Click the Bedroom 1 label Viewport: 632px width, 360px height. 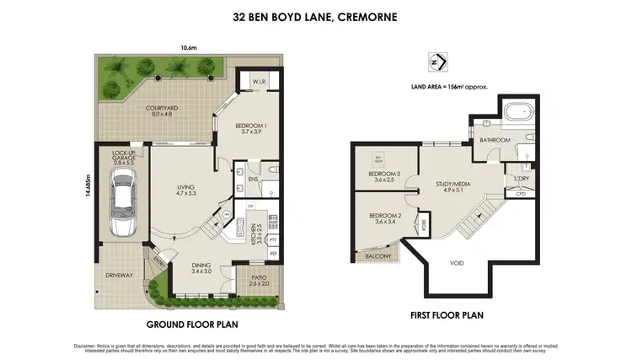point(250,127)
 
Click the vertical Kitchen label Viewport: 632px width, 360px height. point(254,231)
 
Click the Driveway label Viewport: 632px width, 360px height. point(118,275)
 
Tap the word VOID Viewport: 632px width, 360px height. point(456,263)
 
